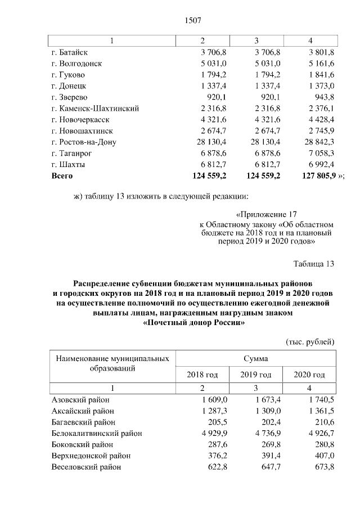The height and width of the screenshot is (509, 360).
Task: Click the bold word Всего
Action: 62,175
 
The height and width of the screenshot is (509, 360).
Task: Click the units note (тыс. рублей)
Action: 310,341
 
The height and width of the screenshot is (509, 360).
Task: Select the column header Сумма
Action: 255,358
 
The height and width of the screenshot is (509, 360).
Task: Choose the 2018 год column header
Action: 202,375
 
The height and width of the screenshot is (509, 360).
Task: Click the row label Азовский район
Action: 80,399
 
